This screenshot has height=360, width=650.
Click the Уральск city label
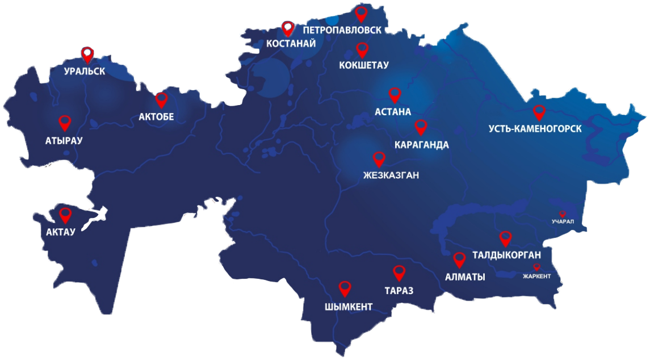coord(85,72)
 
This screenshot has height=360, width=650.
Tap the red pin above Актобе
coord(162,100)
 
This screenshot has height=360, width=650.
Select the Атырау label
coord(64,140)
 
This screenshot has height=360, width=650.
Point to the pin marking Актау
coord(66,215)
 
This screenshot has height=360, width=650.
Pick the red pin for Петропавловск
coord(361,14)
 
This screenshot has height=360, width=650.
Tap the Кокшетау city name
coord(364,65)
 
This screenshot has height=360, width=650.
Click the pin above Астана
coord(395,94)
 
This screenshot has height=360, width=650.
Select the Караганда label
coord(422,145)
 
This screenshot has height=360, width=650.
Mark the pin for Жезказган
coord(379,159)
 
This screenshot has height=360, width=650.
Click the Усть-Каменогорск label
coord(535,129)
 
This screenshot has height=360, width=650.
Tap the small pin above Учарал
coord(563,214)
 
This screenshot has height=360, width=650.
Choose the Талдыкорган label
coord(506,255)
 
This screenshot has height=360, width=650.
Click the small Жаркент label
coord(536,276)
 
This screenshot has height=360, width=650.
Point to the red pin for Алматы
coord(459,259)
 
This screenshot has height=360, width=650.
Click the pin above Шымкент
coord(345,288)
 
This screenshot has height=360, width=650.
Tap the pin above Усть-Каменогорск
coord(539,112)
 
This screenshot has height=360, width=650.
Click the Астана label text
coord(393,112)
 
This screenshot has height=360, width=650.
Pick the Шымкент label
coord(349,307)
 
